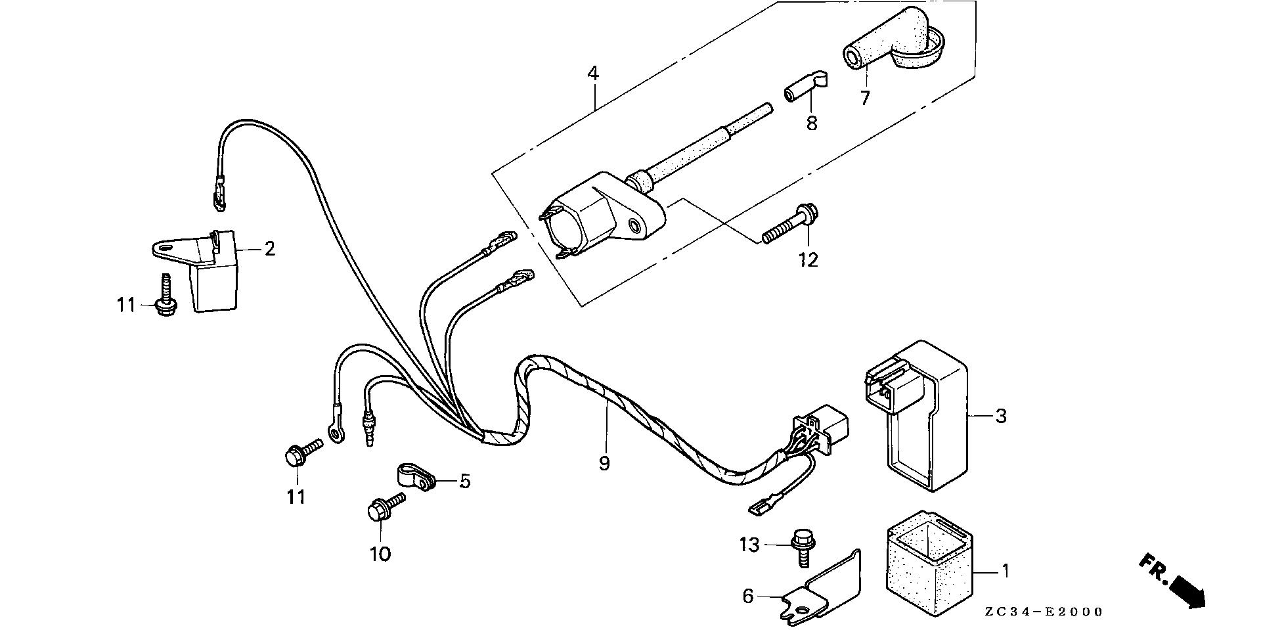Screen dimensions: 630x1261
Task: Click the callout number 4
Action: (593, 74)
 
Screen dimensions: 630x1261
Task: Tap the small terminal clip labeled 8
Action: (803, 88)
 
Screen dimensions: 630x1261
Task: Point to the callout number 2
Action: (269, 249)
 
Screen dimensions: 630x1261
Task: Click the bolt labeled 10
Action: (384, 510)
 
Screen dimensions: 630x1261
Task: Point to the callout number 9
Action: (604, 463)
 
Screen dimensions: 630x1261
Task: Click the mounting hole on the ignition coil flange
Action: (634, 227)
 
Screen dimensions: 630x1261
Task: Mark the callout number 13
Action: (749, 545)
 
